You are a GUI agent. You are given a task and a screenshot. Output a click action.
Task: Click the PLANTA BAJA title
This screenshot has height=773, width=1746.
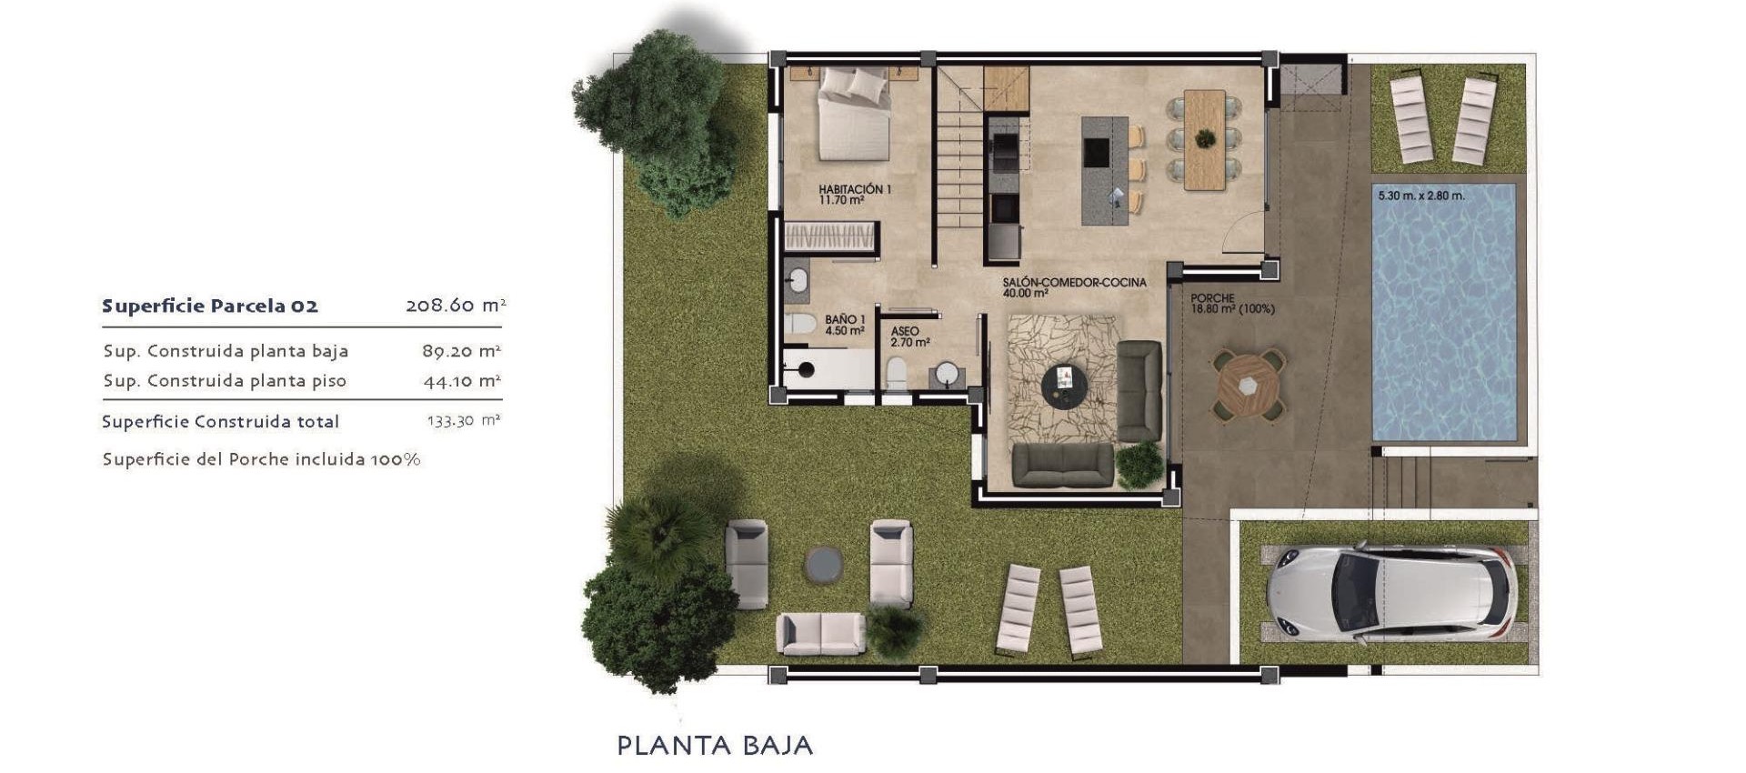[715, 746]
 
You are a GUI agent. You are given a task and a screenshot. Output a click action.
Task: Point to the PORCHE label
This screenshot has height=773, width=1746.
[1213, 298]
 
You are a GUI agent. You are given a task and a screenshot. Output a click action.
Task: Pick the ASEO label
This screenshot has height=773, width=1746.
[906, 332]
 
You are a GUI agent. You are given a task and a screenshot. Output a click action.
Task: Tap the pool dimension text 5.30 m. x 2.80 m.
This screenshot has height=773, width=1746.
[1420, 196]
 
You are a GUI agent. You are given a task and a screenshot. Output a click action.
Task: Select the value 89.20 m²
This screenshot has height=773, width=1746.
[461, 351]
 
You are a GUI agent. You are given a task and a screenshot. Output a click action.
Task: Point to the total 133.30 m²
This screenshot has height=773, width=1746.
[464, 421]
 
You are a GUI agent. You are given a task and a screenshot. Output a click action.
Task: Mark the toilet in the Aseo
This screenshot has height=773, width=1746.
[897, 372]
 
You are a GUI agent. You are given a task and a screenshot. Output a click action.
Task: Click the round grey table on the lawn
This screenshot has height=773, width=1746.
[823, 564]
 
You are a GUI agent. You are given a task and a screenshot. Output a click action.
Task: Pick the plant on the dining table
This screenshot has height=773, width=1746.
[1205, 138]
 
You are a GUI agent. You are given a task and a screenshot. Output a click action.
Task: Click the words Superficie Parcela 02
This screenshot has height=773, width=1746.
[210, 306]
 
